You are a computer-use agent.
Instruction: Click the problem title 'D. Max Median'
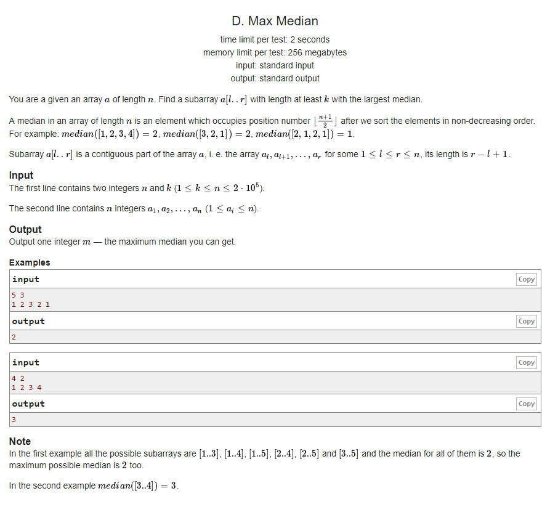click(x=275, y=21)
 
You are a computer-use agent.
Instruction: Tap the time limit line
click(x=275, y=39)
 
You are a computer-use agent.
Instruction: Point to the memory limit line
click(x=275, y=52)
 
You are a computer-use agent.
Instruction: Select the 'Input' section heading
click(x=21, y=175)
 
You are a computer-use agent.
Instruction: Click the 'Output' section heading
click(x=25, y=229)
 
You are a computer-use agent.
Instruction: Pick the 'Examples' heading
click(x=30, y=262)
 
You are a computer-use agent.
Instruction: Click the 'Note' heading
click(x=20, y=441)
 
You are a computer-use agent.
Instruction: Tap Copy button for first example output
click(x=526, y=321)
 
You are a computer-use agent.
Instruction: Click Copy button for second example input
click(x=526, y=362)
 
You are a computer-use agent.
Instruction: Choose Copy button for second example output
click(x=526, y=404)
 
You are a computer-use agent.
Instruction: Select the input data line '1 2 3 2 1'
click(x=31, y=304)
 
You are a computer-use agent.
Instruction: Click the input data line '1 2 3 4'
click(x=26, y=388)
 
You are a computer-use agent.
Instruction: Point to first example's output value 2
click(x=14, y=336)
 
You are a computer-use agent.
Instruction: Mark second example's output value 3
click(x=14, y=420)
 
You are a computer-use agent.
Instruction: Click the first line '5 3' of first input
click(x=17, y=295)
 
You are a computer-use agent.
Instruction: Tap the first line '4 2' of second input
click(x=17, y=378)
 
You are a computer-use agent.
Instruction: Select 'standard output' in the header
click(x=289, y=78)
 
